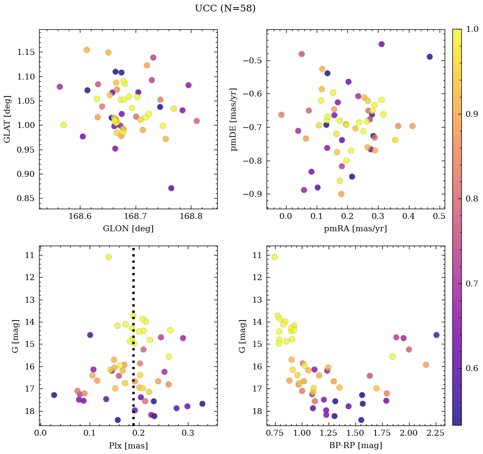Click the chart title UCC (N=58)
pos(225,9)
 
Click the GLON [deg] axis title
pos(128,229)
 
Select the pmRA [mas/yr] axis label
pos(355,229)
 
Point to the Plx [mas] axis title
pos(128,445)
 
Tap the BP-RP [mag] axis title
pos(355,445)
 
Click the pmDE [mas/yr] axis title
pos(234,119)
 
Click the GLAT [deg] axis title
pos(7,119)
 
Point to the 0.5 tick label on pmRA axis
pos(439,217)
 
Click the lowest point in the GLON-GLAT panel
pos(171,188)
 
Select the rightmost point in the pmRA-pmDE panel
pos(429,57)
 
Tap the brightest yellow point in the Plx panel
pos(108,257)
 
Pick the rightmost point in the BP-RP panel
pos(436,335)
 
